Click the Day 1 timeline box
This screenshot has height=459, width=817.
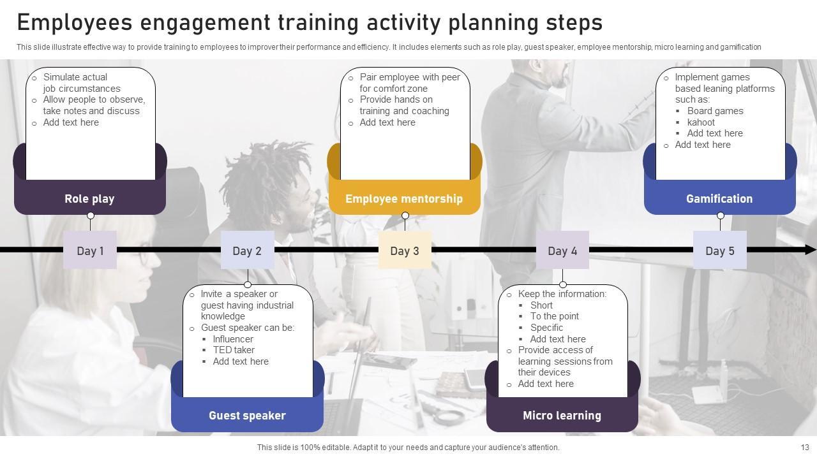click(x=90, y=251)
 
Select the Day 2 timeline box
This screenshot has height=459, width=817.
click(x=247, y=251)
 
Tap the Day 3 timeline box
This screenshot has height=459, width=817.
click(x=405, y=251)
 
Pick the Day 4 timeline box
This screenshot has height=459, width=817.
click(x=562, y=251)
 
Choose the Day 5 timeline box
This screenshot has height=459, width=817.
click(x=720, y=251)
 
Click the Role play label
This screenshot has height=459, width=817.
click(x=89, y=199)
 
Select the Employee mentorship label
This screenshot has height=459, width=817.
click(x=404, y=199)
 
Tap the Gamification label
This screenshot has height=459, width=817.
click(x=719, y=199)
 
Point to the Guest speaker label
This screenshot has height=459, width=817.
click(x=247, y=416)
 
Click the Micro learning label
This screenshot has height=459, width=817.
click(x=562, y=416)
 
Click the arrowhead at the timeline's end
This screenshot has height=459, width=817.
click(x=811, y=250)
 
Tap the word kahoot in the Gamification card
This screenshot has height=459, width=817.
click(x=701, y=122)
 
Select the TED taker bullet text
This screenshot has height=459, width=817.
click(x=234, y=350)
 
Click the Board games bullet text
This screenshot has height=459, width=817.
click(x=715, y=111)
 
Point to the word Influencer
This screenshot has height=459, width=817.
click(x=233, y=339)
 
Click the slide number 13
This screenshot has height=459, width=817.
click(x=805, y=448)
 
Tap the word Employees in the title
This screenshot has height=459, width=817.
click(x=75, y=23)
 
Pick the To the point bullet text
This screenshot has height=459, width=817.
click(x=555, y=316)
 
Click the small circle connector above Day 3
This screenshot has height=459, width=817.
click(x=405, y=216)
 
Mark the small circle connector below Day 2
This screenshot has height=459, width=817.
click(x=248, y=284)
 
